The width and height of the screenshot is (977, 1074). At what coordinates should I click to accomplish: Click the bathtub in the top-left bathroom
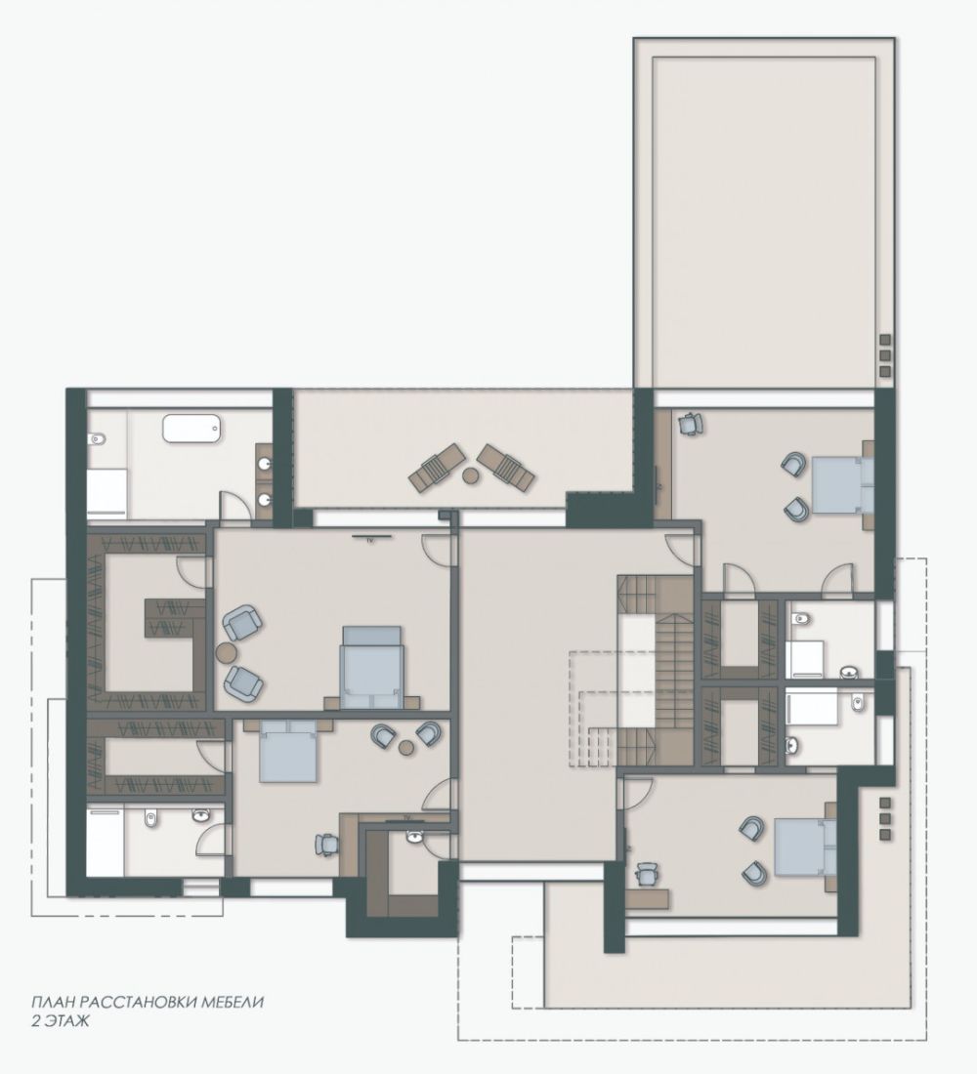(191, 428)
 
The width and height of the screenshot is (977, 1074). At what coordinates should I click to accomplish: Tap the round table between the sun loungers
(470, 474)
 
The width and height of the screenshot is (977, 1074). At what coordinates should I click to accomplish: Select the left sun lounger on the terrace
(436, 467)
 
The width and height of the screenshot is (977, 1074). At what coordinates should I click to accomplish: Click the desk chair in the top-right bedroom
(689, 424)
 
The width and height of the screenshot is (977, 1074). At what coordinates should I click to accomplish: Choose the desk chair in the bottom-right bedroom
(646, 875)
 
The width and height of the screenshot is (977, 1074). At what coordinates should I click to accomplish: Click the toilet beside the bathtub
(96, 437)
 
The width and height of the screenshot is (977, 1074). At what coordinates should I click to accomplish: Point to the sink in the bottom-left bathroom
(200, 816)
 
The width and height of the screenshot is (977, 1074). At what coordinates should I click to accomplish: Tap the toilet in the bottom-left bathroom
(150, 816)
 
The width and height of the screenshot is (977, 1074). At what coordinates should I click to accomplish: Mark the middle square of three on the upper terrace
(884, 355)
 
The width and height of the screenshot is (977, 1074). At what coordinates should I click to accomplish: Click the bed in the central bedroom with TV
(371, 667)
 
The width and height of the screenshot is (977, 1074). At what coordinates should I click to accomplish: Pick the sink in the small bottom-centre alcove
(415, 837)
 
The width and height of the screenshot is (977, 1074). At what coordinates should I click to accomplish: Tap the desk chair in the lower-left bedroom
(326, 844)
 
